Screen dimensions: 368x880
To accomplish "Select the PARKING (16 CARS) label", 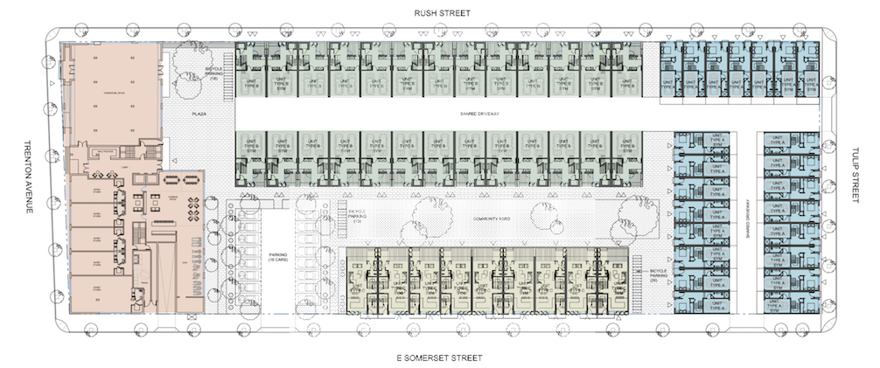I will pos(276,260).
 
